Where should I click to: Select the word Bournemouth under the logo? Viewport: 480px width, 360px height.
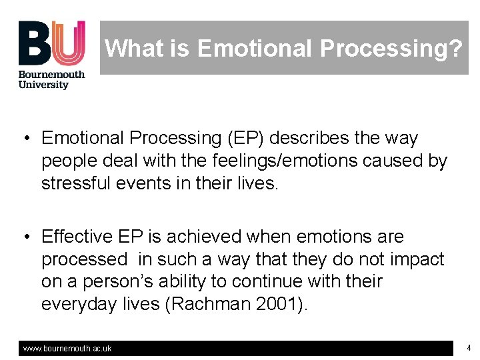[x=51, y=74]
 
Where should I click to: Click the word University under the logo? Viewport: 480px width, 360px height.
[x=43, y=85]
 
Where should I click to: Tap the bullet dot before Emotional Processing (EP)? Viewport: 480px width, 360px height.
[x=25, y=139]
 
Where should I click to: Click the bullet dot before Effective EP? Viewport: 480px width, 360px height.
[x=25, y=237]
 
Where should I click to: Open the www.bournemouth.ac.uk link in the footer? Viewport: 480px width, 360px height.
[x=67, y=349]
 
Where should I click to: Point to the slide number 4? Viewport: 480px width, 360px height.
[x=469, y=348]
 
